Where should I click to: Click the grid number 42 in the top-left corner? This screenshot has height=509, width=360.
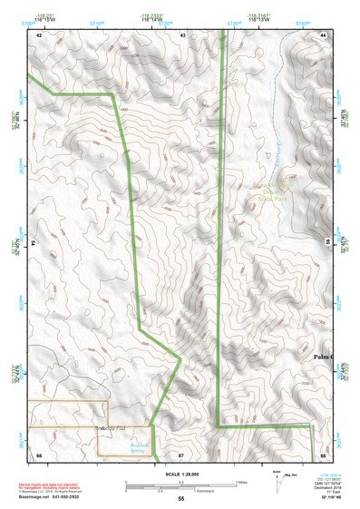click(39, 34)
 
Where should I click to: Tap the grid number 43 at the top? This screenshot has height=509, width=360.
click(183, 34)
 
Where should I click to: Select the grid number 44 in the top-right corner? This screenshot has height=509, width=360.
click(323, 34)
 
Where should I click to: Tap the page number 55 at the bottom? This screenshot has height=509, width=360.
click(180, 499)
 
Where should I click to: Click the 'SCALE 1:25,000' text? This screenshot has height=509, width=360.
click(180, 474)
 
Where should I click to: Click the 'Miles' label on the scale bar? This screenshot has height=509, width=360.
click(241, 482)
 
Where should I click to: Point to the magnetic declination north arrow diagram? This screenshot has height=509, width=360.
click(277, 478)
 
